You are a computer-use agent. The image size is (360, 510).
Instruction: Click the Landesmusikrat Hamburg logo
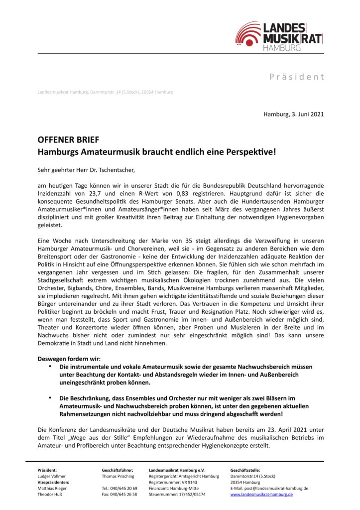coord(279,35)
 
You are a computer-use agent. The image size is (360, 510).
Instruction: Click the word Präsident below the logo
coord(297,77)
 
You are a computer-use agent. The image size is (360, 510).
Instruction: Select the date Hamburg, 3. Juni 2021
coord(294,114)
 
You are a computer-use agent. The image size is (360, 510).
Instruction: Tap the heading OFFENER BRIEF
coord(68,140)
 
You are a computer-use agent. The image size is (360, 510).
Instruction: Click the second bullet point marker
coord(50,398)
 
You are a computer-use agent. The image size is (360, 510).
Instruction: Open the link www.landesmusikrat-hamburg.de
coord(261,494)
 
